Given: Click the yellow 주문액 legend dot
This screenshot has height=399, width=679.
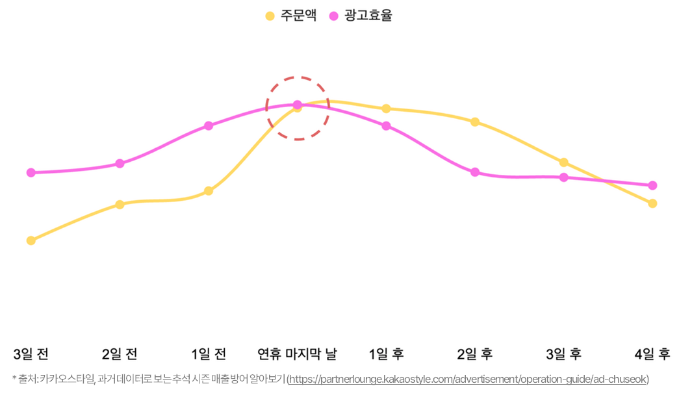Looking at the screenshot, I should click(270, 16).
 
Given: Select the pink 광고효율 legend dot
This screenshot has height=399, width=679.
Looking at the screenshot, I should click(334, 16).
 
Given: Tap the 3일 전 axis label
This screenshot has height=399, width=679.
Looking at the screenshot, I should click(31, 354).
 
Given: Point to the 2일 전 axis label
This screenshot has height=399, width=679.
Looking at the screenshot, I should click(120, 354).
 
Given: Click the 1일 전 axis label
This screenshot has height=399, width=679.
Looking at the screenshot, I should click(209, 354).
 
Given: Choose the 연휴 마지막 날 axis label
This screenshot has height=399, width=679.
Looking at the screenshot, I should click(298, 354).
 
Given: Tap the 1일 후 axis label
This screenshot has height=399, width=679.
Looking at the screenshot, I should click(386, 354).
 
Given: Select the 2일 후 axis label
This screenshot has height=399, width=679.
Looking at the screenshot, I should click(475, 354).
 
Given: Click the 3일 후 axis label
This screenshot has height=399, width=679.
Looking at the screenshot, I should click(563, 354).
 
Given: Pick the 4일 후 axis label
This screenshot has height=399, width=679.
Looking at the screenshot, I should click(652, 354).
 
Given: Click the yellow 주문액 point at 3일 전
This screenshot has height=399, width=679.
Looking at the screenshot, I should click(31, 240).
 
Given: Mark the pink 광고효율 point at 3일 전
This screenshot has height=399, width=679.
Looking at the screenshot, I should click(31, 173).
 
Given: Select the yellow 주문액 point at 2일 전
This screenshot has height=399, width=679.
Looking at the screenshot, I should click(120, 205).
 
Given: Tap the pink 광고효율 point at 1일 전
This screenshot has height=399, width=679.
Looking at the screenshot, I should click(209, 125).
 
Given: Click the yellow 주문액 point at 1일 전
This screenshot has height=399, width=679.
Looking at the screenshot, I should click(209, 191).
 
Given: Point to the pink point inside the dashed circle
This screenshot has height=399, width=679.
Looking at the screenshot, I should click(298, 104).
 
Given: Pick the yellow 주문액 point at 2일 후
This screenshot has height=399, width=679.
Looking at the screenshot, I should click(475, 122).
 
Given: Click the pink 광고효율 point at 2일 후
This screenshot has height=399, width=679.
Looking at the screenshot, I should click(475, 172).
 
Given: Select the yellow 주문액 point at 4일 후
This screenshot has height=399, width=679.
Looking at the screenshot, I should click(652, 203).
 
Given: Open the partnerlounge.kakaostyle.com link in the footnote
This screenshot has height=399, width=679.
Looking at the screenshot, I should click(468, 379).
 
